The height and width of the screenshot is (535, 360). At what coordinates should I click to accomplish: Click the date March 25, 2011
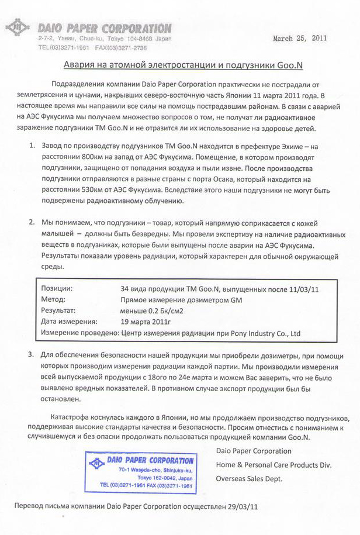click(300, 38)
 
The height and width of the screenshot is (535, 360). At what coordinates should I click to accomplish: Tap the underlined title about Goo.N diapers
click(179, 64)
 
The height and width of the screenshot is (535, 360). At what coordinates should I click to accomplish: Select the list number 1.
click(32, 144)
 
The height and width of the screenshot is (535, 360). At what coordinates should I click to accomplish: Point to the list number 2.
click(32, 223)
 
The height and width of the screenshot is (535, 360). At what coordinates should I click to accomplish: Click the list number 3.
click(30, 355)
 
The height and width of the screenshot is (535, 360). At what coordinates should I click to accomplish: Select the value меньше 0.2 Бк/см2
click(151, 310)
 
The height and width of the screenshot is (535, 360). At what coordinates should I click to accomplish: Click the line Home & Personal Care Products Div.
click(274, 465)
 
